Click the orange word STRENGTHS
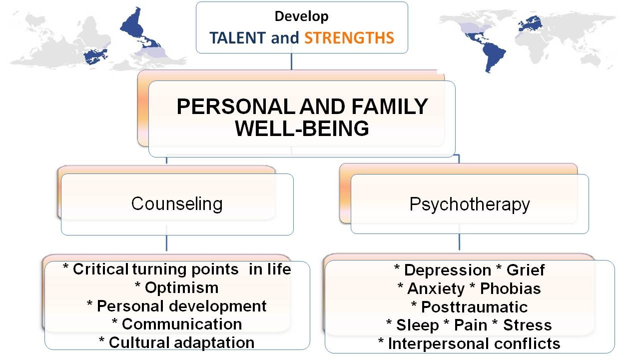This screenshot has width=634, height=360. pos(349,37)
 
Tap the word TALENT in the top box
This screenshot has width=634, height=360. pos(238,37)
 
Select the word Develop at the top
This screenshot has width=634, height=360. pos(302,16)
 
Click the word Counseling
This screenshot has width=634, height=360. pos(177,203)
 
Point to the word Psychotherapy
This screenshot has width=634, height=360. pos(470,204)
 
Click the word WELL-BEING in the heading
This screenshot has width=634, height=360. pos(302,128)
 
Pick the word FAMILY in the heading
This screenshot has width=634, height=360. pos(390,106)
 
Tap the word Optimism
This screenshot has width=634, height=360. pos(181,288)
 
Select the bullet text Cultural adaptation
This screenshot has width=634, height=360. pos(181,342)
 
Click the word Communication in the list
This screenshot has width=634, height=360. pos(182,324)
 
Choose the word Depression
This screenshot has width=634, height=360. pos(448,270)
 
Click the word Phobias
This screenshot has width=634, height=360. pos(510,288)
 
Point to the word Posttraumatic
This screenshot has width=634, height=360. pos(474,307)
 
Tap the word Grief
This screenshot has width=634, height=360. pos(526,270)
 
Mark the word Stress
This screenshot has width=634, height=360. pos(528,325)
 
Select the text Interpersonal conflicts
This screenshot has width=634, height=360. pos(474,343)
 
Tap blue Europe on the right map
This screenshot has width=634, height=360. pos(530,23)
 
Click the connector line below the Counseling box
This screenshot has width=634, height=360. pos(166,242)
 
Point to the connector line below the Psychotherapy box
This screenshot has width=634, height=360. pos(459,242)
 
